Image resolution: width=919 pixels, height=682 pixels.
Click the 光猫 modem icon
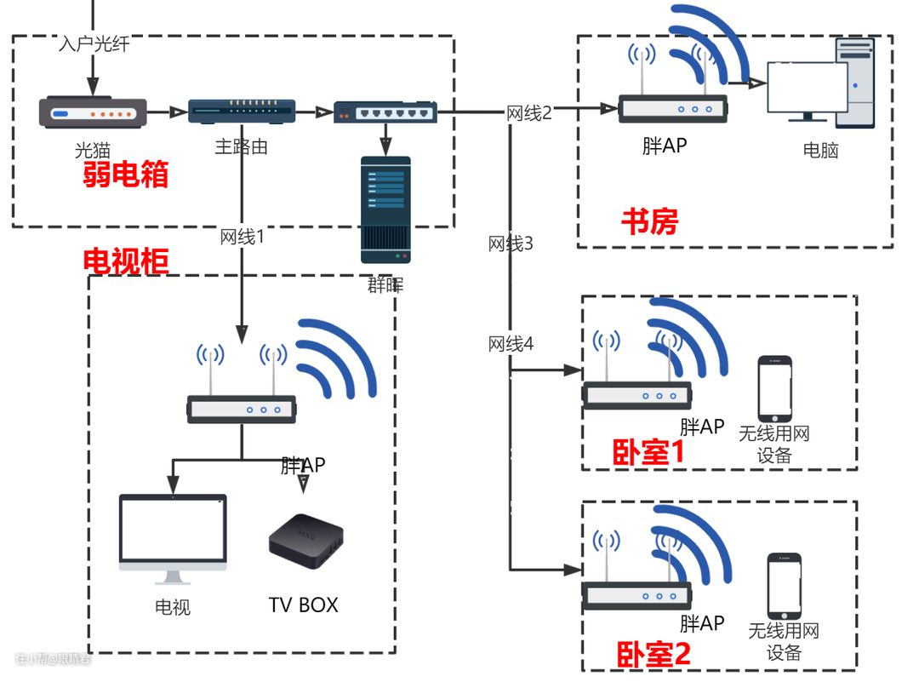93,113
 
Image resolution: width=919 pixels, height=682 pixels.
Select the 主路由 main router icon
242,111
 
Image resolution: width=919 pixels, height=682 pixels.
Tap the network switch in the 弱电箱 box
385,112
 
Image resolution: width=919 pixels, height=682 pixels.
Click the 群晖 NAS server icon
385,209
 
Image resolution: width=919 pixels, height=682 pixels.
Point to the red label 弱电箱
125,174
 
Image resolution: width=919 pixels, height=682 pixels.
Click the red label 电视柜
125,261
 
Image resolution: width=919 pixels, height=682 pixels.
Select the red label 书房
649,221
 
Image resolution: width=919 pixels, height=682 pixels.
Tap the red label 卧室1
648,452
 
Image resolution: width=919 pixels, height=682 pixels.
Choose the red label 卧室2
653,654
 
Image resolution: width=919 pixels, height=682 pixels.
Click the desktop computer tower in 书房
856,82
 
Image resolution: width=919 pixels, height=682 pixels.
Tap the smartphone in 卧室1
774,388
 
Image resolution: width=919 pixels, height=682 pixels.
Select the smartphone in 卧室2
784,587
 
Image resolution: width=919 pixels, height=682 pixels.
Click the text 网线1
242,237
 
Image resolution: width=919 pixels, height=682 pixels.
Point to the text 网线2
529,112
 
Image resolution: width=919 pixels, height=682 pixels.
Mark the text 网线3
511,244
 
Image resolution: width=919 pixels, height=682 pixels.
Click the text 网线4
511,344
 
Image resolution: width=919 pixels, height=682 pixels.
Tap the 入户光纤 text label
94,43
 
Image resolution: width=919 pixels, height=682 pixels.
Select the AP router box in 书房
672,108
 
